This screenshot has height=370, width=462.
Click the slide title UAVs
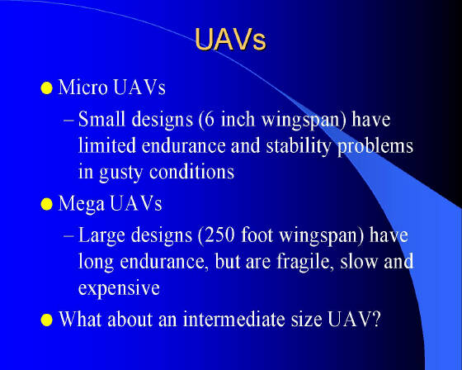(x=230, y=40)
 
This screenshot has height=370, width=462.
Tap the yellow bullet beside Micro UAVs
(x=46, y=88)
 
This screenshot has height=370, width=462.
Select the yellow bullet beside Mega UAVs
(x=46, y=204)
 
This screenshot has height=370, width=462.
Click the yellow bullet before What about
(x=46, y=320)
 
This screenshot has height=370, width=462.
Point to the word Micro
(x=82, y=87)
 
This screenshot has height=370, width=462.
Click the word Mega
(x=82, y=204)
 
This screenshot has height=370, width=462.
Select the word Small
(x=101, y=119)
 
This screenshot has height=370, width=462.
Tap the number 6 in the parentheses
(x=209, y=119)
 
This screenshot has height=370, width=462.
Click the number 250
(x=219, y=235)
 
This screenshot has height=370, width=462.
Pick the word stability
(x=299, y=146)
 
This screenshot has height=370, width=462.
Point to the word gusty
(x=120, y=173)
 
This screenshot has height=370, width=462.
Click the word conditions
(x=191, y=172)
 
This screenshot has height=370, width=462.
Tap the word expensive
(x=119, y=288)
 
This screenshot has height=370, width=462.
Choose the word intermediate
(x=234, y=319)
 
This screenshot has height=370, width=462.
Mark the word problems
(x=375, y=146)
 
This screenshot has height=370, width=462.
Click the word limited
(x=107, y=145)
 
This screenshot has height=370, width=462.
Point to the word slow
(x=359, y=261)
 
